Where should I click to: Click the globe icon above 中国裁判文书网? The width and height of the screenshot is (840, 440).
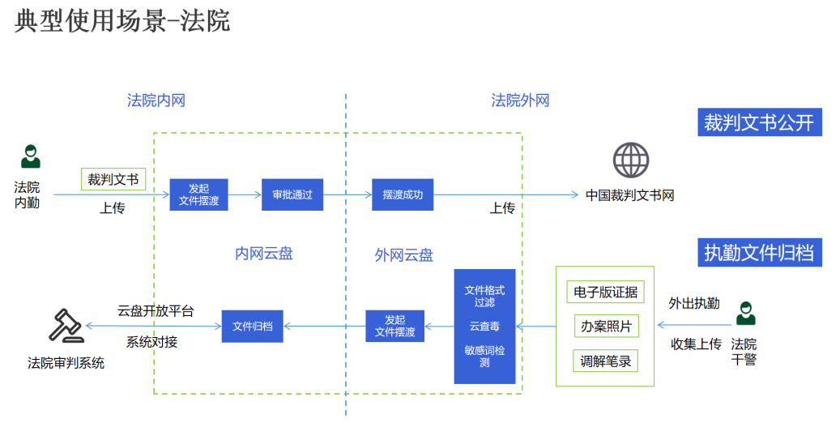[631, 160]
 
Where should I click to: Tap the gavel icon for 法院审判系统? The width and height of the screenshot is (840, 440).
[66, 326]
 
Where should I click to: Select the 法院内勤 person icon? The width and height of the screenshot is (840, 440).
[30, 156]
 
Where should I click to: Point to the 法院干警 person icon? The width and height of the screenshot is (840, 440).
[744, 313]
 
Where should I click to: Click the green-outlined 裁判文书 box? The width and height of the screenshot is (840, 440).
[113, 179]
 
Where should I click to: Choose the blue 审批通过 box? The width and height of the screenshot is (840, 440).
[292, 194]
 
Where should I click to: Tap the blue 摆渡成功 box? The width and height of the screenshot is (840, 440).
[403, 194]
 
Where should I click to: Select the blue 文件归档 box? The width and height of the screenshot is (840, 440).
[253, 326]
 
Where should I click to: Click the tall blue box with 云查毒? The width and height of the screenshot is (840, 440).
[484, 326]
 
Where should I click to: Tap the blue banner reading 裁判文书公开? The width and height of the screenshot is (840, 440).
[759, 123]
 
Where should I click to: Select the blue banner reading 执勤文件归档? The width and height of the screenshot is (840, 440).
[759, 252]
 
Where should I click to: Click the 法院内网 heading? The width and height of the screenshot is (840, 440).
[156, 100]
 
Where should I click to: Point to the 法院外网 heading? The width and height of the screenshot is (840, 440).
[520, 100]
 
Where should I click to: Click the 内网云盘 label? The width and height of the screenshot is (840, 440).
[264, 254]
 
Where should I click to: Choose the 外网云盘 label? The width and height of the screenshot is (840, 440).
[403, 255]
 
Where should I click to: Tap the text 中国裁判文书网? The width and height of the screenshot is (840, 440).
[630, 195]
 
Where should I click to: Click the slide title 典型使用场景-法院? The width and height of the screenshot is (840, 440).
[122, 21]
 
